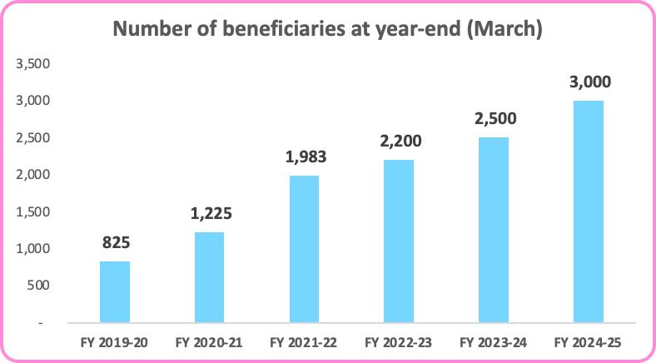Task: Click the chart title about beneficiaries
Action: [x=327, y=30]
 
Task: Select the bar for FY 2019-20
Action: [x=114, y=291]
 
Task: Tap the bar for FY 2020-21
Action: [x=209, y=276]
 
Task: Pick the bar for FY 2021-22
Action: [x=304, y=248]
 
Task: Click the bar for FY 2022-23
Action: [x=399, y=241]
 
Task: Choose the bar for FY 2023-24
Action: [x=494, y=229]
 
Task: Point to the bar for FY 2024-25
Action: [x=589, y=211]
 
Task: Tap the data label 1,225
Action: [x=209, y=214]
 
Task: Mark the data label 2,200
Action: [x=399, y=142]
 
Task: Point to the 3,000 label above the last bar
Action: [x=589, y=82]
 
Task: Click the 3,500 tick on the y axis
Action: [x=34, y=64]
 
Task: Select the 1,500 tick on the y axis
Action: [x=34, y=211]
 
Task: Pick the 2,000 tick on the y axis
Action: [x=34, y=175]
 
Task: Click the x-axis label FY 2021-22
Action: [x=304, y=341]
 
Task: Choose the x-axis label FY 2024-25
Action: [x=589, y=341]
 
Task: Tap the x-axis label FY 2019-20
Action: [x=114, y=341]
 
